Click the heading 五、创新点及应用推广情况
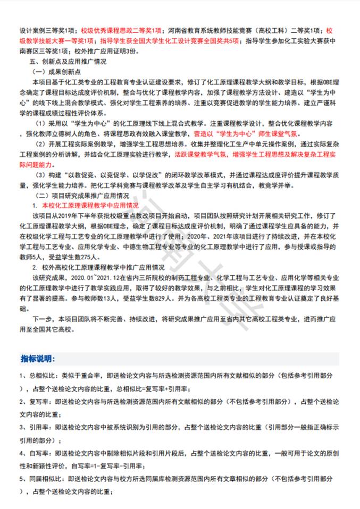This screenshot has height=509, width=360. (x=69, y=62)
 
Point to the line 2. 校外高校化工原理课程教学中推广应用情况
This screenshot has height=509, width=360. (x=98, y=267)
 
